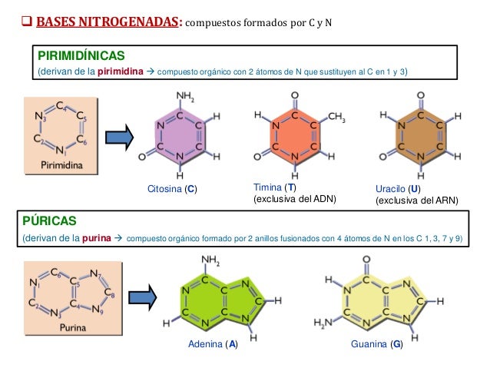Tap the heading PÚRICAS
pyautogui.click(x=48, y=221)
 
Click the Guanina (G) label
pyautogui.click(x=376, y=345)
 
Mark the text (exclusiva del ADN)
pyautogui.click(x=295, y=200)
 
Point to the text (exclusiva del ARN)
pyautogui.click(x=416, y=201)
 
